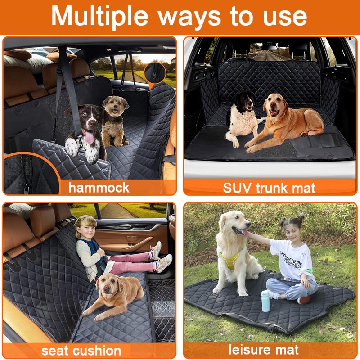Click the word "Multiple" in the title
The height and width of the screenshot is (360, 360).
(x=99, y=17)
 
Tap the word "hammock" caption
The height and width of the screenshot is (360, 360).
(x=99, y=188)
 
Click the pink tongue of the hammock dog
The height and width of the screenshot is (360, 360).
(x=89, y=136)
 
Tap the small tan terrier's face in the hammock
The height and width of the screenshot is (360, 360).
(x=115, y=105)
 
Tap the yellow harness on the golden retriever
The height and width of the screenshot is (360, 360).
(x=231, y=260)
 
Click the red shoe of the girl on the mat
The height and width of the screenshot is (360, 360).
(x=304, y=299)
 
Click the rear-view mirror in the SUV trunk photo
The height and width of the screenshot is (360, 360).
(x=269, y=48)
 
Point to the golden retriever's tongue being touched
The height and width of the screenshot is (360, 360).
(x=244, y=233)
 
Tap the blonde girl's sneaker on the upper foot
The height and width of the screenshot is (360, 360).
(x=156, y=250)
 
